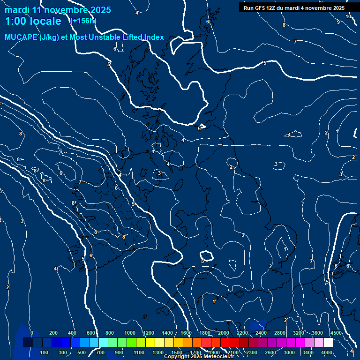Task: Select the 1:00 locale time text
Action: (33, 21)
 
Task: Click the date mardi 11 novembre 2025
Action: (58, 10)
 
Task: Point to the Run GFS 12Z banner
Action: (294, 8)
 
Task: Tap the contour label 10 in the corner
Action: (348, 16)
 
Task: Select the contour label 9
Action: (338, 22)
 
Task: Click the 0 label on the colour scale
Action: (32, 333)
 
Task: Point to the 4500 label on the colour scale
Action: (336, 333)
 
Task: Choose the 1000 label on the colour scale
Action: (130, 333)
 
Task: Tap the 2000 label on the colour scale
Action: (224, 333)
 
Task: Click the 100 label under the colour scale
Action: (45, 352)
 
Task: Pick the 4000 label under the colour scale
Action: (327, 352)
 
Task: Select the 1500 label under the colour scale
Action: (177, 352)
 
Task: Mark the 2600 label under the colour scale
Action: (270, 352)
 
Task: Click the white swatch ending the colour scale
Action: (328, 343)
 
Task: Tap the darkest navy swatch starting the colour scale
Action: (28, 343)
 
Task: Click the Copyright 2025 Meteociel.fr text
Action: (199, 357)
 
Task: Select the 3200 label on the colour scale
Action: (299, 333)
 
